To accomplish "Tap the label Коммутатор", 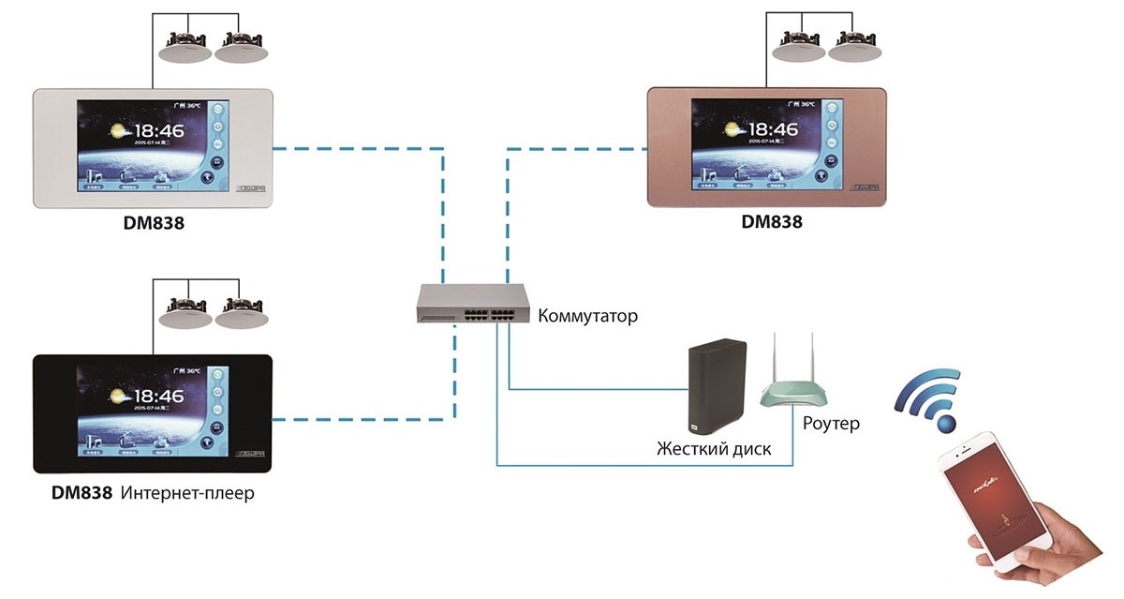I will coord(587,316).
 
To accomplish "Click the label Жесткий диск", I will coord(714,449).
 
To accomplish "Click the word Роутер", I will coord(831,424).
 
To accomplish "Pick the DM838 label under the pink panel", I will coord(772,222).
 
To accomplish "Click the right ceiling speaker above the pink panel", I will coord(856,48).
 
